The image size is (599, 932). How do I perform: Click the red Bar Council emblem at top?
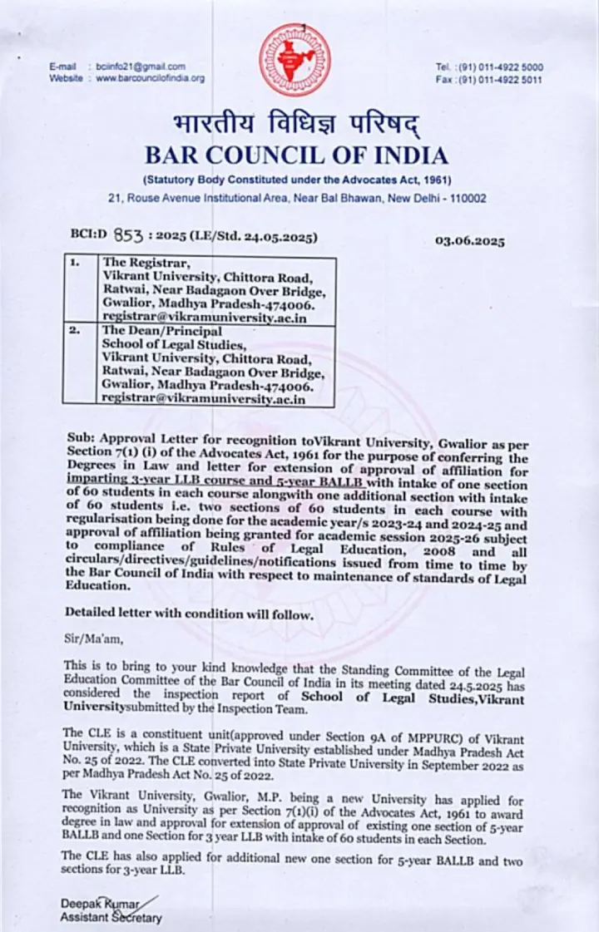click(x=294, y=60)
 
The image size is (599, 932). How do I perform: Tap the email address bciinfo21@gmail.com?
click(x=140, y=67)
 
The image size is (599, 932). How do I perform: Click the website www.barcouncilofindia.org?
click(x=150, y=78)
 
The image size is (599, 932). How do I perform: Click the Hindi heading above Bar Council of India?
click(x=295, y=126)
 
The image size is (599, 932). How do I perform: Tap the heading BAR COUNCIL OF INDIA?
click(x=296, y=155)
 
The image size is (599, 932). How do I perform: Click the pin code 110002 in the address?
click(x=468, y=198)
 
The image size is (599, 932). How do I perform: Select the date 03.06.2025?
click(x=469, y=241)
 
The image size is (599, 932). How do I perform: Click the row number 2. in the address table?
click(x=74, y=330)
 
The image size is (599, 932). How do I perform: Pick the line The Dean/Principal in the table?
click(x=151, y=330)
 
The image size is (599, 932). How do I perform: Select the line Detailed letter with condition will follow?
click(x=189, y=614)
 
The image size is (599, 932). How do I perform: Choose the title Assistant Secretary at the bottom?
click(x=111, y=918)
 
